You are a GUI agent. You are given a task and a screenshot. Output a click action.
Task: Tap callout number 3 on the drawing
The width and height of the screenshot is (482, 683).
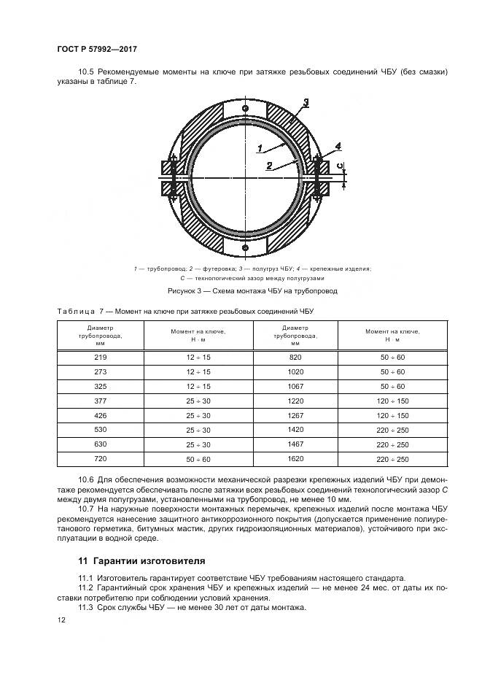pos(306,102)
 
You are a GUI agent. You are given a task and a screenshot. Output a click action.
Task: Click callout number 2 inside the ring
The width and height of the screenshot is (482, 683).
pos(269,166)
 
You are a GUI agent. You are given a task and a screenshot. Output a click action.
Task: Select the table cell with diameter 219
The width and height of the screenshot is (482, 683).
pos(100,358)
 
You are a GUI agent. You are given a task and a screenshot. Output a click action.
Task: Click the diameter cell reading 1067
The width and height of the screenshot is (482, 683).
pos(295,387)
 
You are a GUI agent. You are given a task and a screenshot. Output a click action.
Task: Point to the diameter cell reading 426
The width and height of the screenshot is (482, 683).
pos(100,415)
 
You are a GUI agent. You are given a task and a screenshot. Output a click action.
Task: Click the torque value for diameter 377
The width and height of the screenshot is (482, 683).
pos(197,401)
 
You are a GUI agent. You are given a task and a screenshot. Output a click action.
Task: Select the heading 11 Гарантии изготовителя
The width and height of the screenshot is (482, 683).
pos(131,561)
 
